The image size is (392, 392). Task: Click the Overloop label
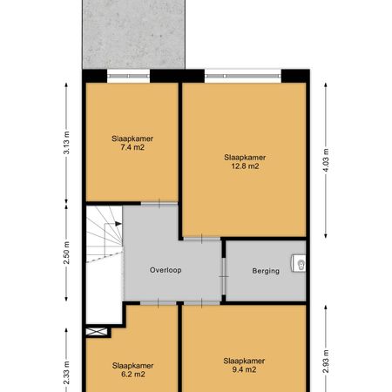coord(164,270)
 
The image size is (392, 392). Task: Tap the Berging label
coord(267,271)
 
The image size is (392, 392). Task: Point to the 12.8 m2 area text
coord(244,167)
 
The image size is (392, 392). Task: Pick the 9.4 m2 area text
coord(243,369)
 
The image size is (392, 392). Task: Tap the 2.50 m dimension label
coord(66,253)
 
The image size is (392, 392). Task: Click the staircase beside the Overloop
coord(103,253)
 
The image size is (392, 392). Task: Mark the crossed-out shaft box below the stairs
coord(98,331)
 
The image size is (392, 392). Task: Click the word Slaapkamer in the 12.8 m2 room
coord(244,158)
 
